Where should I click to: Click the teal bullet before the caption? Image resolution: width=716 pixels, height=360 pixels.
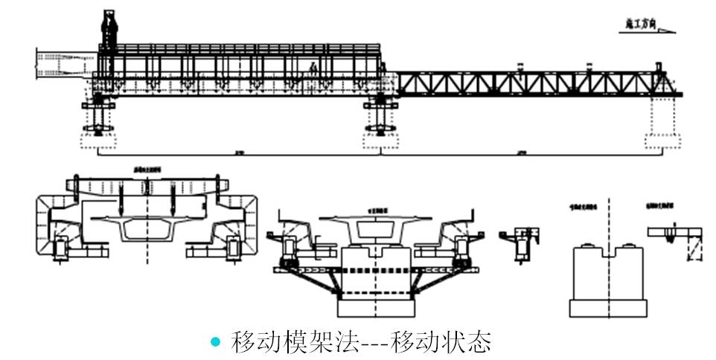coord(216,342)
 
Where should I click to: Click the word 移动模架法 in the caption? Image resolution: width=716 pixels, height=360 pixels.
coord(295,342)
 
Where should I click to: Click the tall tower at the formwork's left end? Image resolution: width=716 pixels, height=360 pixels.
coord(109,30)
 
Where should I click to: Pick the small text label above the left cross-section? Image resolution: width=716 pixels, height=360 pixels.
coord(146,170)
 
